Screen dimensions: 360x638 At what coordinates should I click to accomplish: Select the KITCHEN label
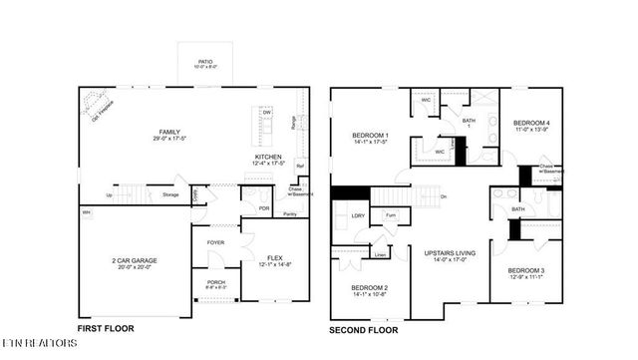click(x=268, y=157)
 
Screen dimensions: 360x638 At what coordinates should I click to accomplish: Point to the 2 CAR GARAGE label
click(x=134, y=261)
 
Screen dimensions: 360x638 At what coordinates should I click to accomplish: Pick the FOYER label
click(x=215, y=242)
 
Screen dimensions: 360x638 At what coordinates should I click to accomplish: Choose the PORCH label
click(x=215, y=281)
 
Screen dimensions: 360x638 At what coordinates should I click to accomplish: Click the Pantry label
click(x=290, y=214)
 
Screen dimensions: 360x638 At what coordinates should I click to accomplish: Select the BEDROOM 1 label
click(x=370, y=136)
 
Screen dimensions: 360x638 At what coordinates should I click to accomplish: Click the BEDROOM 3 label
click(x=524, y=270)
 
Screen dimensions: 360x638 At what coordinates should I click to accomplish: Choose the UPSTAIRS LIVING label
click(x=445, y=254)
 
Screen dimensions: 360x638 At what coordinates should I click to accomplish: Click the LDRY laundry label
click(x=357, y=215)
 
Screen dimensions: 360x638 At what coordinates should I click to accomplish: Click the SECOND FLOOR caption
click(x=365, y=328)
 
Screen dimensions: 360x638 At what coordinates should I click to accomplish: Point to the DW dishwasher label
click(x=266, y=113)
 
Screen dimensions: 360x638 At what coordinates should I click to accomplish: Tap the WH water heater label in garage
click(x=86, y=212)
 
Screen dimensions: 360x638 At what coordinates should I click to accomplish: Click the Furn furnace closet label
click(x=391, y=215)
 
